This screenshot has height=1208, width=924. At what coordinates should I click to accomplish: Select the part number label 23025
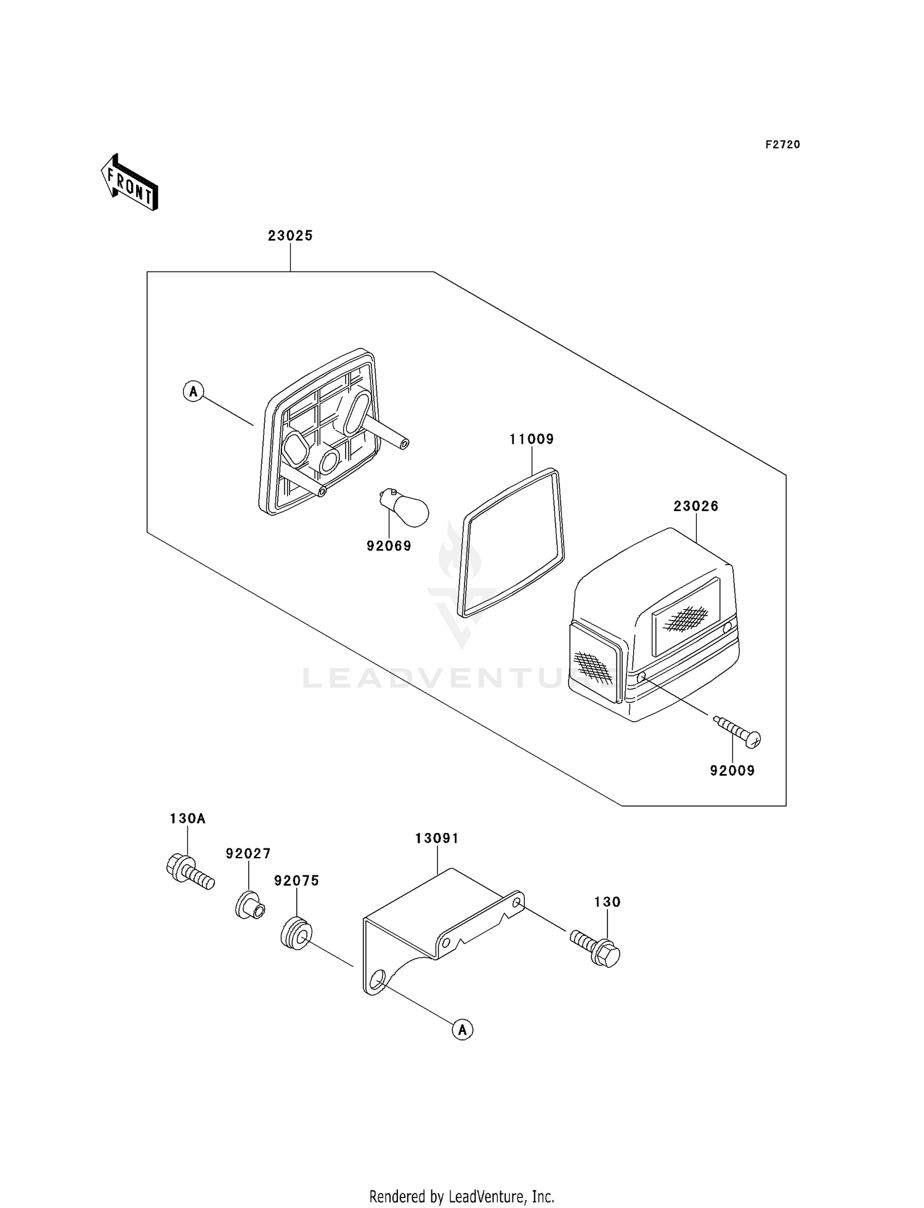pyautogui.click(x=290, y=236)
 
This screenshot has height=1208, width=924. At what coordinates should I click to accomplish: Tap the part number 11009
pyautogui.click(x=532, y=439)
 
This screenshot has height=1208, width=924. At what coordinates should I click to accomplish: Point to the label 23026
pyautogui.click(x=696, y=506)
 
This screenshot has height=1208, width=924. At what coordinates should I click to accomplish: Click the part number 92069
pyautogui.click(x=389, y=546)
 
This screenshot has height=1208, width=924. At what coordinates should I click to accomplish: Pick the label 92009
pyautogui.click(x=732, y=771)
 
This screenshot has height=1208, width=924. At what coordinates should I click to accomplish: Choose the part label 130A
pyautogui.click(x=188, y=819)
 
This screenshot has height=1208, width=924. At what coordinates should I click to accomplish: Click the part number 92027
pyautogui.click(x=248, y=854)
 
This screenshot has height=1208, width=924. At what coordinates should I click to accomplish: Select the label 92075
pyautogui.click(x=297, y=881)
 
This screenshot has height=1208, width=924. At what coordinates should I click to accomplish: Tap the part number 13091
pyautogui.click(x=437, y=839)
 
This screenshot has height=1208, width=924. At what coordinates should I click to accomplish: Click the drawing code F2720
pyautogui.click(x=783, y=145)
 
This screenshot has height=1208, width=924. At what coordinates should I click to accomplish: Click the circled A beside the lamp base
pyautogui.click(x=193, y=391)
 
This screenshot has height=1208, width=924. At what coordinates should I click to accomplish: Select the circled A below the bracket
pyautogui.click(x=463, y=1029)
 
